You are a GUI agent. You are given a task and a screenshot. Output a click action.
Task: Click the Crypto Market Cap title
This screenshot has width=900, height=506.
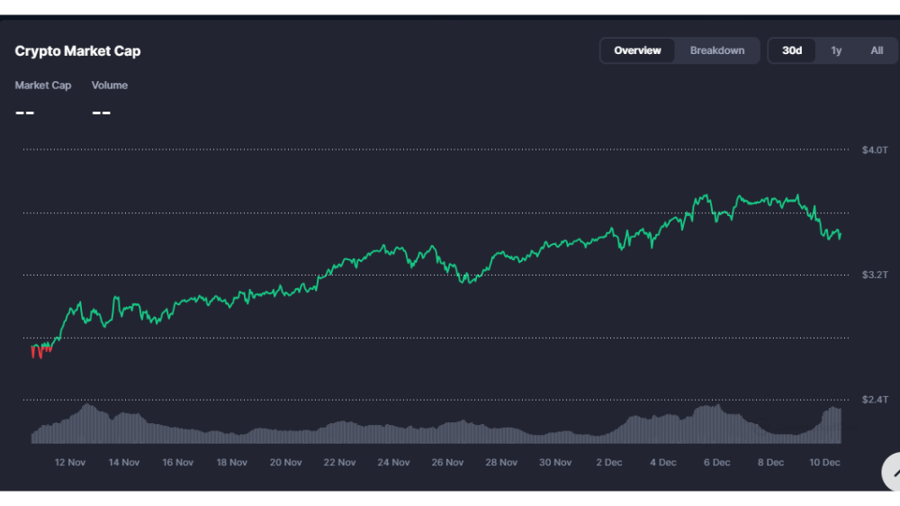[x=77, y=51]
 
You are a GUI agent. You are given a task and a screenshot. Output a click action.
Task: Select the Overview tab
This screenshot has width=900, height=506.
[x=637, y=50]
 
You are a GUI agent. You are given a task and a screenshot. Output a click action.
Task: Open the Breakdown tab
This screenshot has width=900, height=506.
[x=717, y=50]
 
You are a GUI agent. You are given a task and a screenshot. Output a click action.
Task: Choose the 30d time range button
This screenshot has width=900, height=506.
[x=792, y=50]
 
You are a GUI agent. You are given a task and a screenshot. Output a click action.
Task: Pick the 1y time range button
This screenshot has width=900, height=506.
[x=836, y=50]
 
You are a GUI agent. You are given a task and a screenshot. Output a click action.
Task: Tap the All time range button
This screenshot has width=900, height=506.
[x=877, y=50]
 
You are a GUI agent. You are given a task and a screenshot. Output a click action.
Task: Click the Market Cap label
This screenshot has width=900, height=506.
[x=43, y=86]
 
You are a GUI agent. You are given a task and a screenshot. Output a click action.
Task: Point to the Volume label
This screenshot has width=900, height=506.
[x=110, y=86]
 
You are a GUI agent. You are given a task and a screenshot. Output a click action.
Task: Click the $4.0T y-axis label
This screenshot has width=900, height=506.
[x=875, y=149]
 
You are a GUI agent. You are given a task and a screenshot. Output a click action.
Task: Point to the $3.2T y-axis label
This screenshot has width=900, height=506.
[x=875, y=275]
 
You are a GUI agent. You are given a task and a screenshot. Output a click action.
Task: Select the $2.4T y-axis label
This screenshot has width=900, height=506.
[x=875, y=399]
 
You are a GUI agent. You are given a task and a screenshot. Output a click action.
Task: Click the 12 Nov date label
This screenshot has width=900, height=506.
[x=70, y=463]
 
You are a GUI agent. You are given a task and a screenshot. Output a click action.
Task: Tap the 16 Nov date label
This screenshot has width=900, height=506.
[x=178, y=463]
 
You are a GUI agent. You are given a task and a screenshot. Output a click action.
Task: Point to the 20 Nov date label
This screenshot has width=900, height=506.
[x=286, y=463]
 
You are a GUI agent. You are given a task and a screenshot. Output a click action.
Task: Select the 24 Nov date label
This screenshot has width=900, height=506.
[x=394, y=463]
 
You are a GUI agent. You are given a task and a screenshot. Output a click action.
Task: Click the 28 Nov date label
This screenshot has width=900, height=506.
[x=501, y=463]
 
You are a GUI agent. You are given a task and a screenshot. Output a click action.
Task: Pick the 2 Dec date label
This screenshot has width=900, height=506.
[x=609, y=463]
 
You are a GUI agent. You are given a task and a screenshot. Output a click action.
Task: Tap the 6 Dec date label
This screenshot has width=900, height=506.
[x=717, y=463]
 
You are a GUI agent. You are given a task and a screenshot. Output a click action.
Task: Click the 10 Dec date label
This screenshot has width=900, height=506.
[x=824, y=463]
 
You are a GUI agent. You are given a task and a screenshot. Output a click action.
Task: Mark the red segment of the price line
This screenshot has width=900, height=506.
[x=40, y=351]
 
